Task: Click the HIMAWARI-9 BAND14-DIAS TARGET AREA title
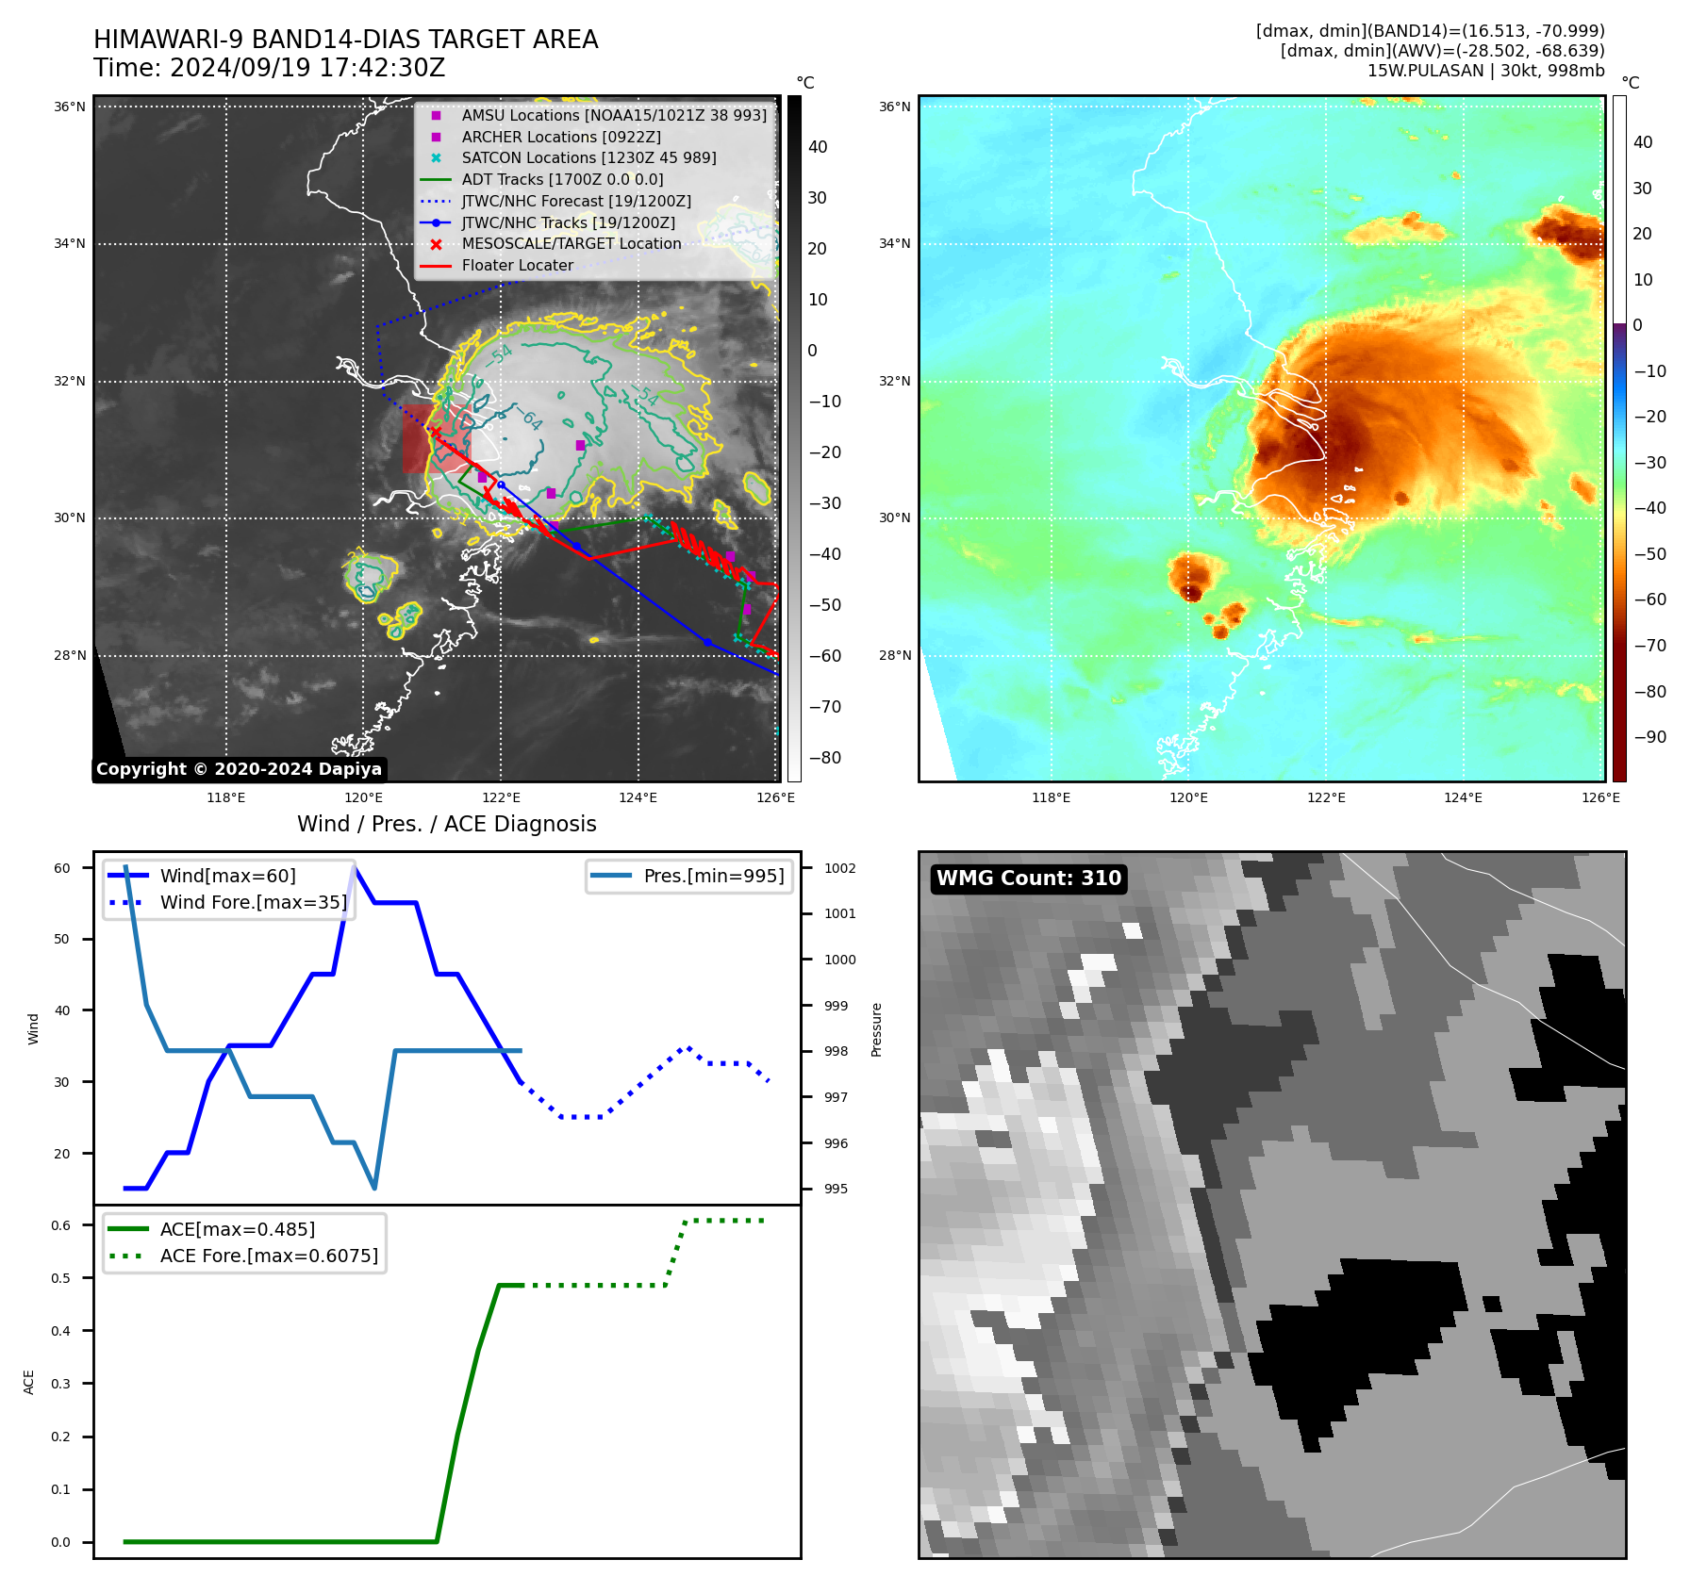(345, 40)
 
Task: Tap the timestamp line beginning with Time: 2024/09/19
(269, 68)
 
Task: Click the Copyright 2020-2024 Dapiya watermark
(239, 769)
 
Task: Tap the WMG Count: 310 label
(1028, 879)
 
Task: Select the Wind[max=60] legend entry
(227, 876)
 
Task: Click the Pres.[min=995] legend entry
(713, 876)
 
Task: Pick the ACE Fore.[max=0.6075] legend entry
(269, 1256)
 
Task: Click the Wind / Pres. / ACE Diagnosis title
(446, 824)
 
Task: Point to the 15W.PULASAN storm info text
(1485, 71)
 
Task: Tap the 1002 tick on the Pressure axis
(839, 868)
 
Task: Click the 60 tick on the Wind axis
(61, 868)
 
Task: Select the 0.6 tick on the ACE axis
(60, 1225)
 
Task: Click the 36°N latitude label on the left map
(69, 107)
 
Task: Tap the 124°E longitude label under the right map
(1463, 797)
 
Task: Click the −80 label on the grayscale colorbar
(824, 758)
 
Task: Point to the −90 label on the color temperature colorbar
(1649, 737)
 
